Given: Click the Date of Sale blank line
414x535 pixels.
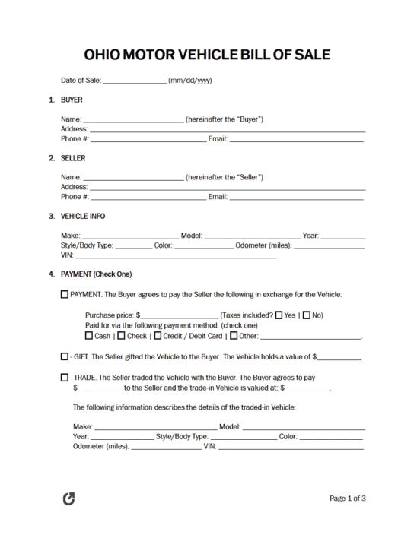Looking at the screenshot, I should click(x=134, y=81).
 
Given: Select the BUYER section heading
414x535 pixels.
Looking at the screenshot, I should click(x=72, y=100).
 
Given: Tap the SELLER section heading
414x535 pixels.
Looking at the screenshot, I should click(x=73, y=158).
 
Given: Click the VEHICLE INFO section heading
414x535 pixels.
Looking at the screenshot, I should click(x=83, y=217).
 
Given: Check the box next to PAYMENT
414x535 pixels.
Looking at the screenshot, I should click(x=64, y=294).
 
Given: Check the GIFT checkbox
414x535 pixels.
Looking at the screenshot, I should click(x=64, y=356).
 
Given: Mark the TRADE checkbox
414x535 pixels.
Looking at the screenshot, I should click(x=64, y=377).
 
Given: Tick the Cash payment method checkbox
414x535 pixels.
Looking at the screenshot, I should click(x=89, y=335).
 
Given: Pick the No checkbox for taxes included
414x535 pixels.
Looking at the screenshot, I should click(x=307, y=315).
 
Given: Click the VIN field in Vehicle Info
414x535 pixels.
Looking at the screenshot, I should click(x=175, y=257).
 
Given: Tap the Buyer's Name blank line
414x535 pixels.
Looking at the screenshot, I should click(x=133, y=119).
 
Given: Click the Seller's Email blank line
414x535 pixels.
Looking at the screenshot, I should click(x=297, y=197).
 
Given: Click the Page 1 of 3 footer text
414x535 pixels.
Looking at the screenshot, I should click(x=347, y=499).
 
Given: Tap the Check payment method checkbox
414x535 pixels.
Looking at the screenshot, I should click(x=121, y=335).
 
